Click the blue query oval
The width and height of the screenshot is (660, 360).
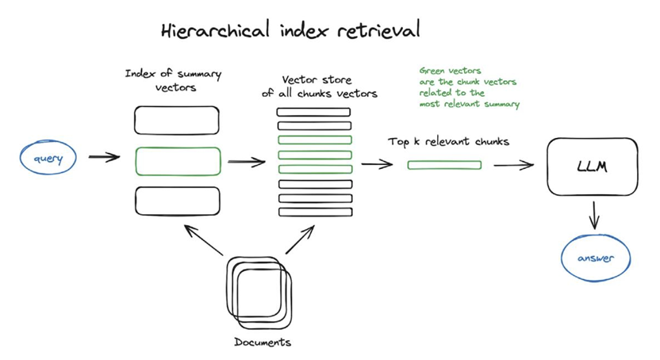coord(47,158)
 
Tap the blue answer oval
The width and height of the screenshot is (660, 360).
coord(595,258)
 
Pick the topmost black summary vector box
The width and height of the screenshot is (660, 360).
coord(176,121)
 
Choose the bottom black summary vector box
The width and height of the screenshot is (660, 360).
coord(177,200)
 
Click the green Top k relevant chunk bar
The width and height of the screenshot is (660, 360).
coord(444,165)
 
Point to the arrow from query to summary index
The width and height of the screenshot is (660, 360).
coord(104,157)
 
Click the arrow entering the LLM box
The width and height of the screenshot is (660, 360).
coord(513,165)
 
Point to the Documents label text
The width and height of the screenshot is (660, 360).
coord(263,343)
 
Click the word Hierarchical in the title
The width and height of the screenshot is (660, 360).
coord(205,31)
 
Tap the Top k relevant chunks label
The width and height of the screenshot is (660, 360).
coord(448,142)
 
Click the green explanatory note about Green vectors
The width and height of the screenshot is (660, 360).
coord(469,87)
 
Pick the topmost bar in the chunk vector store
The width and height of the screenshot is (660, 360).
coord(313,112)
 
